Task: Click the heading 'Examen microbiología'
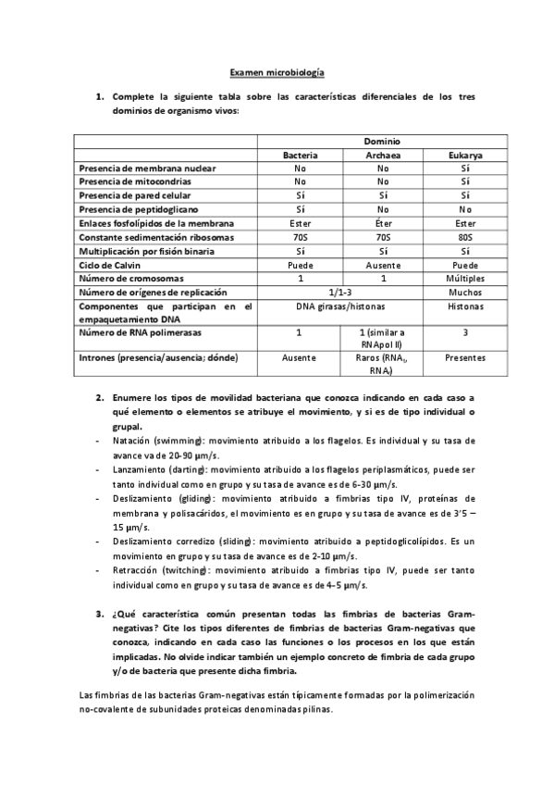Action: (x=277, y=72)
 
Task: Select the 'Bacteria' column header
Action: (x=300, y=156)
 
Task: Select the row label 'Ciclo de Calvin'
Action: (x=113, y=265)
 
